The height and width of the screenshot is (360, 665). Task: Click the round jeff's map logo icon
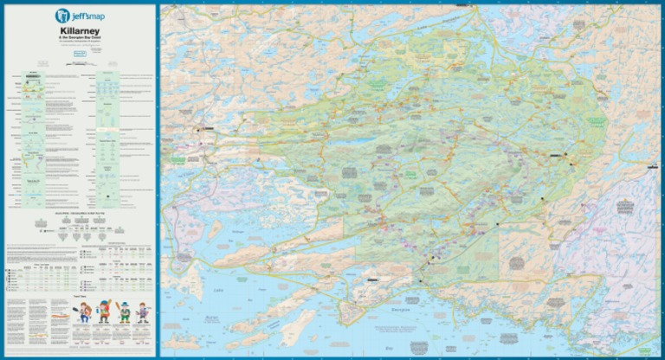[x=62, y=15]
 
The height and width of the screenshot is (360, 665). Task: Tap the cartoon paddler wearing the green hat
[x=125, y=312]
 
